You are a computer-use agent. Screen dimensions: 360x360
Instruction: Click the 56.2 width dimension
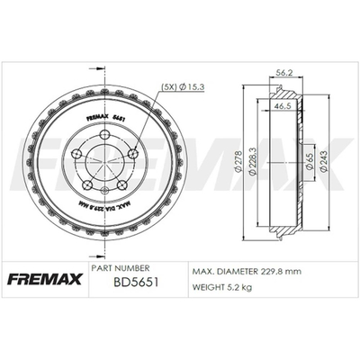coord(283,73)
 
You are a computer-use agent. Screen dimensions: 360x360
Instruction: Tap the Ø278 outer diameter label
coord(239,163)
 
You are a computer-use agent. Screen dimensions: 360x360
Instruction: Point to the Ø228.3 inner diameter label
coord(252,161)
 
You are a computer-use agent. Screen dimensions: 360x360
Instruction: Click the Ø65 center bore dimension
coord(310,162)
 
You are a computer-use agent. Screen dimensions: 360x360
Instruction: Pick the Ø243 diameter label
coord(323,161)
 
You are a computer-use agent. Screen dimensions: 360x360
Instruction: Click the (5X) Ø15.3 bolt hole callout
coord(183,87)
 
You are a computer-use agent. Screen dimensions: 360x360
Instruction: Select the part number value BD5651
coord(136,282)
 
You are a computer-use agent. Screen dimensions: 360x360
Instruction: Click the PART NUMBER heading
coord(121,268)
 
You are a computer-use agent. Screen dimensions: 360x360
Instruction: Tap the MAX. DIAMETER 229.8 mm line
coord(247,272)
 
